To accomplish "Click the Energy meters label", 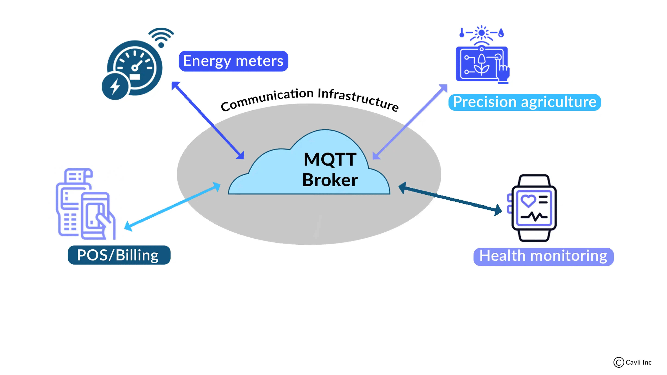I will click(233, 61).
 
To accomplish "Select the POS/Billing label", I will click(119, 255).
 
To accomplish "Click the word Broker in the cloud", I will click(330, 180).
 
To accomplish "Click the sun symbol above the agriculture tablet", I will click(481, 33).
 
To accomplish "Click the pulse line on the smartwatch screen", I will click(534, 216).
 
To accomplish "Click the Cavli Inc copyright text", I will click(633, 362).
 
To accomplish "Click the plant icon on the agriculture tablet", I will click(482, 65).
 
